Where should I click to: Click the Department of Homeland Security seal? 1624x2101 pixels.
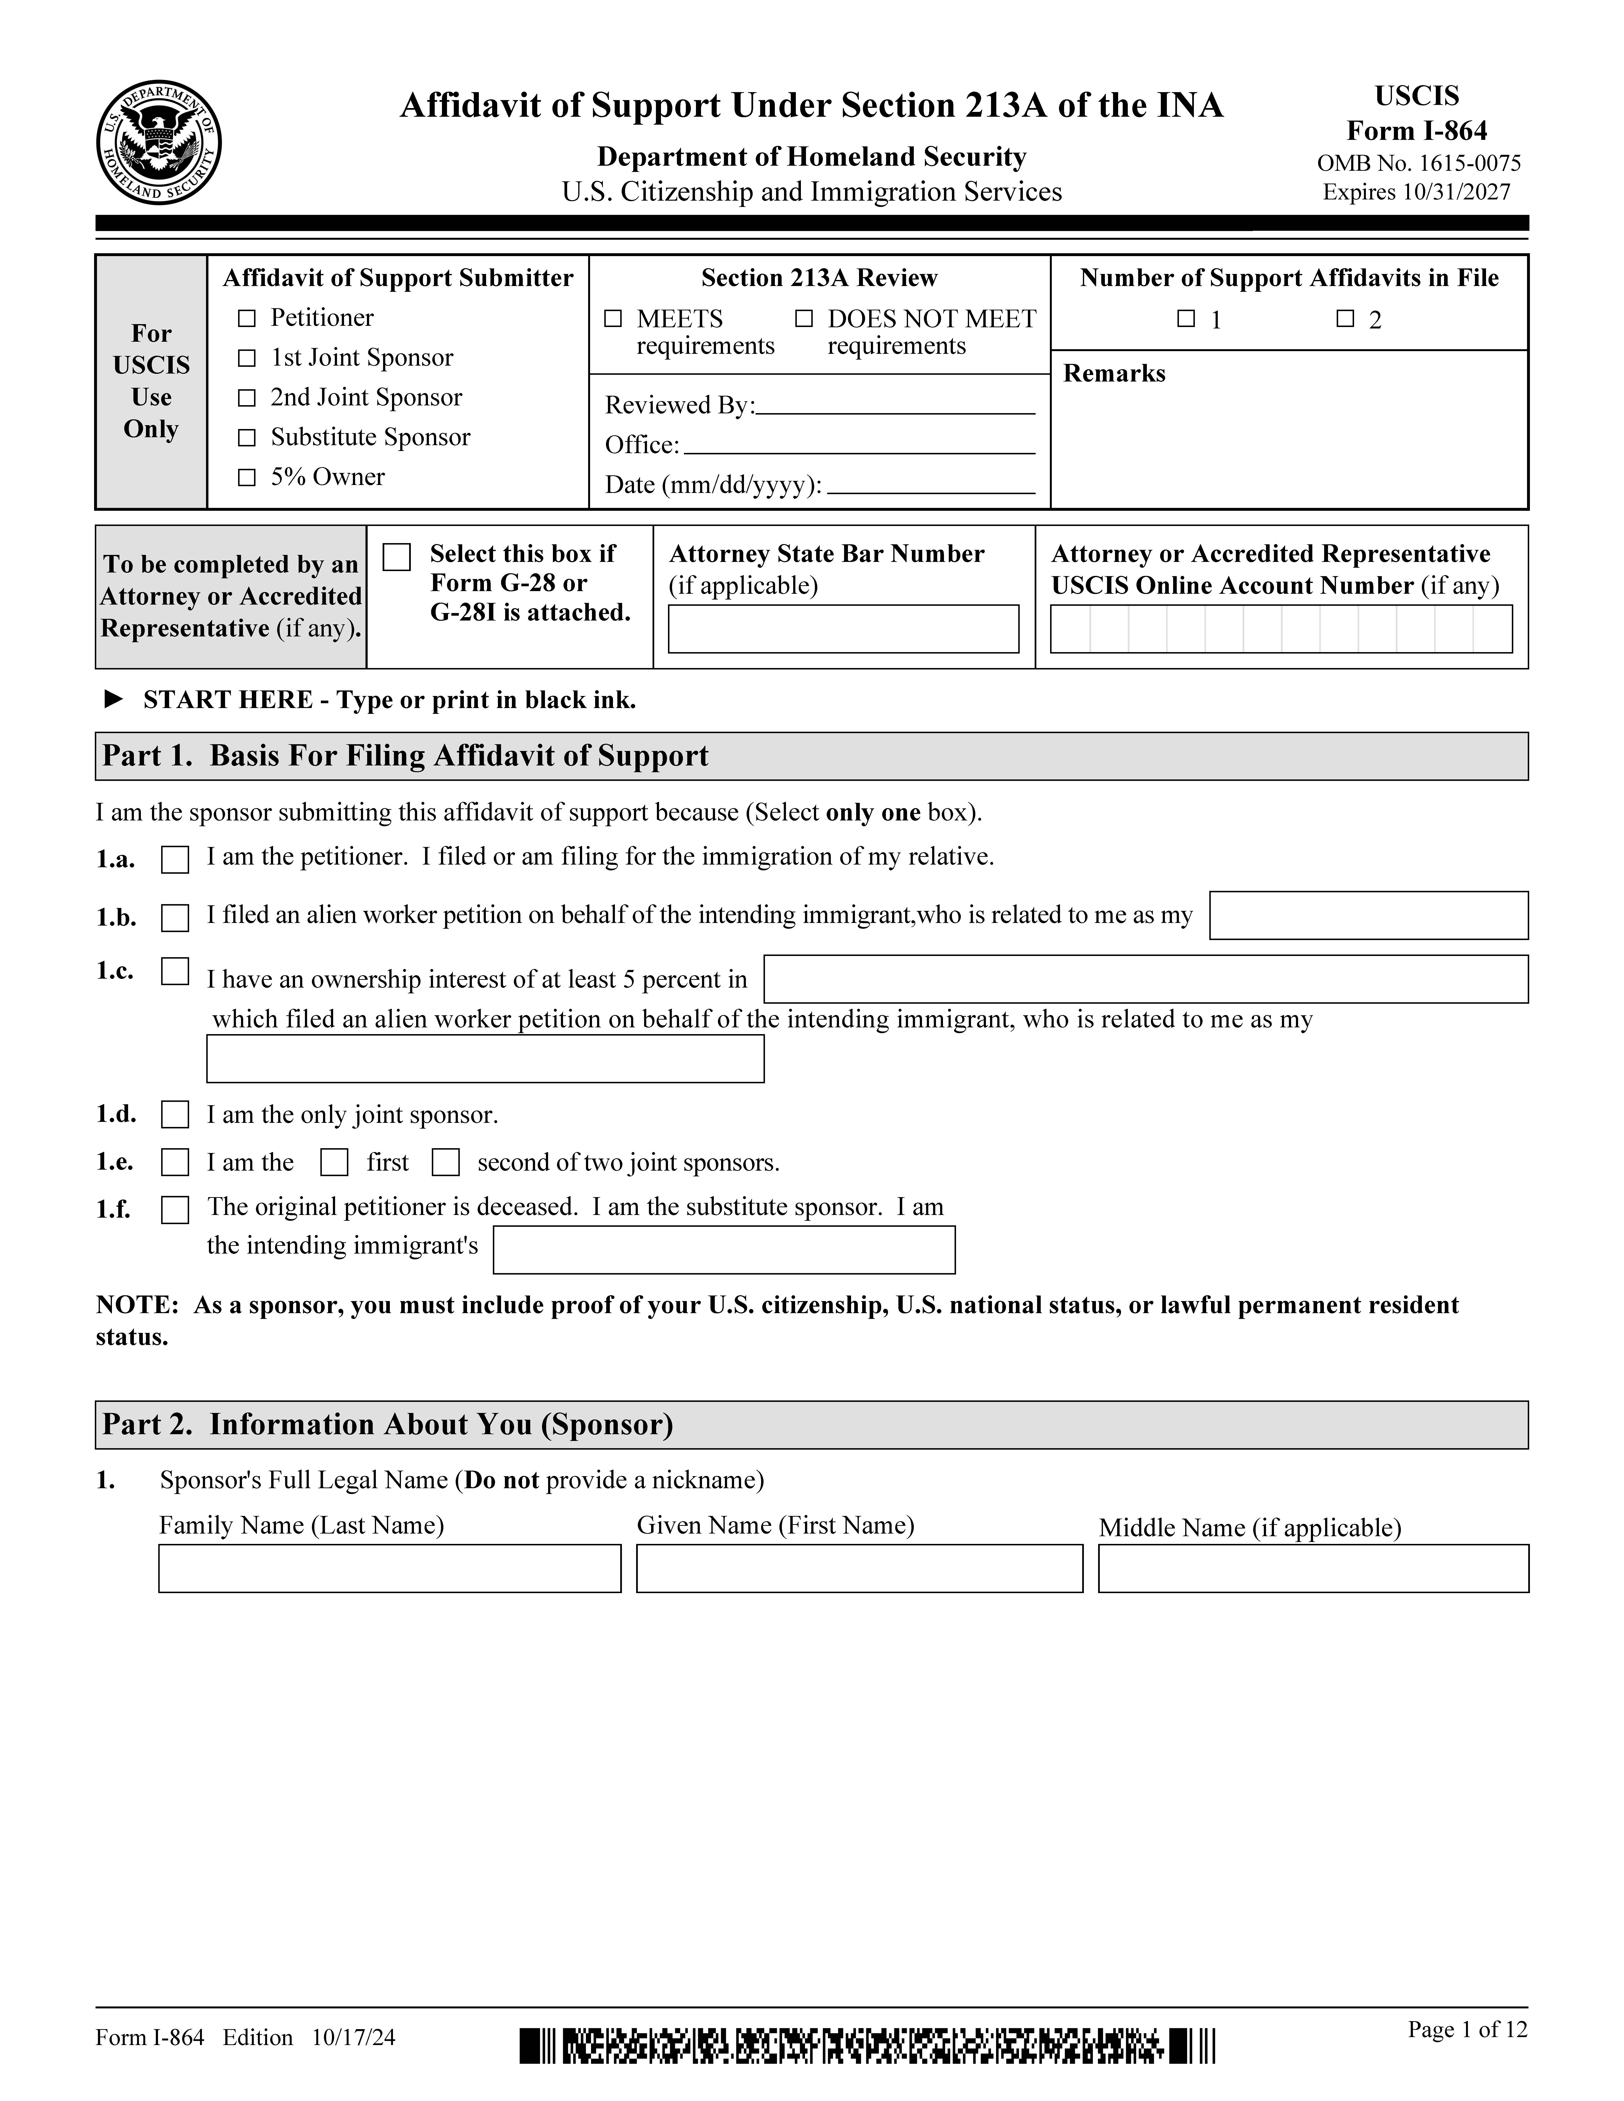point(159,142)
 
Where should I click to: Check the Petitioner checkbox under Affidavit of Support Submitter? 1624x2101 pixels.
point(247,318)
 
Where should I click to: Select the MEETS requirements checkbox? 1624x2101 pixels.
point(613,318)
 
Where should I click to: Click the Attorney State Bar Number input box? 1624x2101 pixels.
point(843,629)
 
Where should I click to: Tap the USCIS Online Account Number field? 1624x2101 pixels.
point(1280,629)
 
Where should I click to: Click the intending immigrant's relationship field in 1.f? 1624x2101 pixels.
point(723,1250)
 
